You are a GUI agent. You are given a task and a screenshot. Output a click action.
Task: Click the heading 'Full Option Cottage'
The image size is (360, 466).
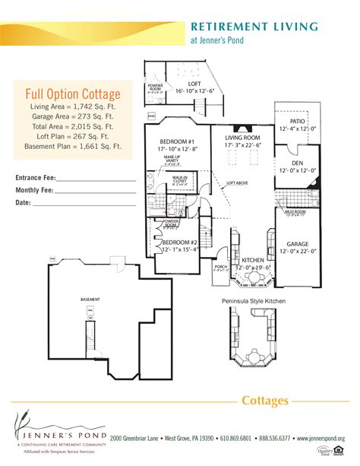73,94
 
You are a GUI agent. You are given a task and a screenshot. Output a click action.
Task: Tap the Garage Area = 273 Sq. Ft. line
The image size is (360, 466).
73,118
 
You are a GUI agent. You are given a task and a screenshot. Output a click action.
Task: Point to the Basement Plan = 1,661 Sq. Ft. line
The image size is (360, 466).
73,151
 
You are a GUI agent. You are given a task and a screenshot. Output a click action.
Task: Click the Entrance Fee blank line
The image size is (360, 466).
96,180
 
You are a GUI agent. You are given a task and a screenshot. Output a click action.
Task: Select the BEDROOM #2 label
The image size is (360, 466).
179,243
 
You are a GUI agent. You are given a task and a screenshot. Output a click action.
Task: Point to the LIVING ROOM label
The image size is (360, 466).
242,137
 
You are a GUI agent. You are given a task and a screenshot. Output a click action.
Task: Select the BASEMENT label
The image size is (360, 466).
90,300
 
